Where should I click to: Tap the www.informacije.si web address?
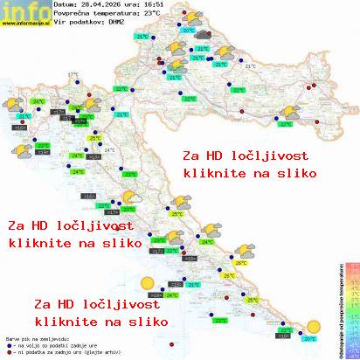point(25,23)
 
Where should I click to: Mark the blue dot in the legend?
point(7,343)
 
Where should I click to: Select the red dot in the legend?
point(7,350)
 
